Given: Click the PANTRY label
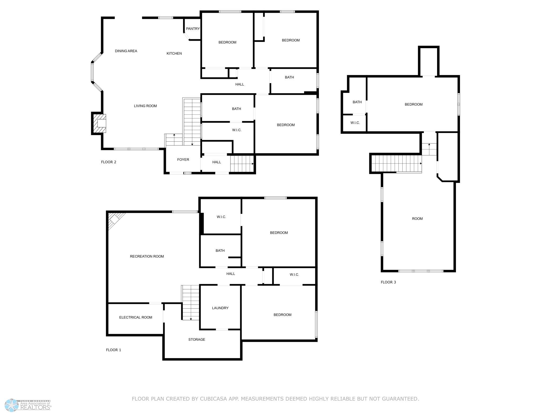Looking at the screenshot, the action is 193,29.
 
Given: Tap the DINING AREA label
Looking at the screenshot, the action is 126,51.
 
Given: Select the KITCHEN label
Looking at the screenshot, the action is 174,53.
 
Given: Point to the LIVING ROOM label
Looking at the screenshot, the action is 145,106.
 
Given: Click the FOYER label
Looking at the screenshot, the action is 183,160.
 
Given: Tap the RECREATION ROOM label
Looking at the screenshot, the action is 147,256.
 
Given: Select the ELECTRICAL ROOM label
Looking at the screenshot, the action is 136,317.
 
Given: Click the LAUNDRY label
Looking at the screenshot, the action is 220,308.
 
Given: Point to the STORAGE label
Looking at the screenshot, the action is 197,339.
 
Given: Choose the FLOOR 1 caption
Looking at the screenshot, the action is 113,350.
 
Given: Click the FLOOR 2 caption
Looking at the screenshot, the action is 109,162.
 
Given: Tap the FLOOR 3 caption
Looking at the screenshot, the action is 388,282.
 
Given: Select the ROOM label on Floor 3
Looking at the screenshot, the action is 417,219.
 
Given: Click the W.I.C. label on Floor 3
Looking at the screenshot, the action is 355,123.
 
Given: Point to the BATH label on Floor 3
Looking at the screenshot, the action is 357,102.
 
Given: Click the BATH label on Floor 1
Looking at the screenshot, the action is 220,250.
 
